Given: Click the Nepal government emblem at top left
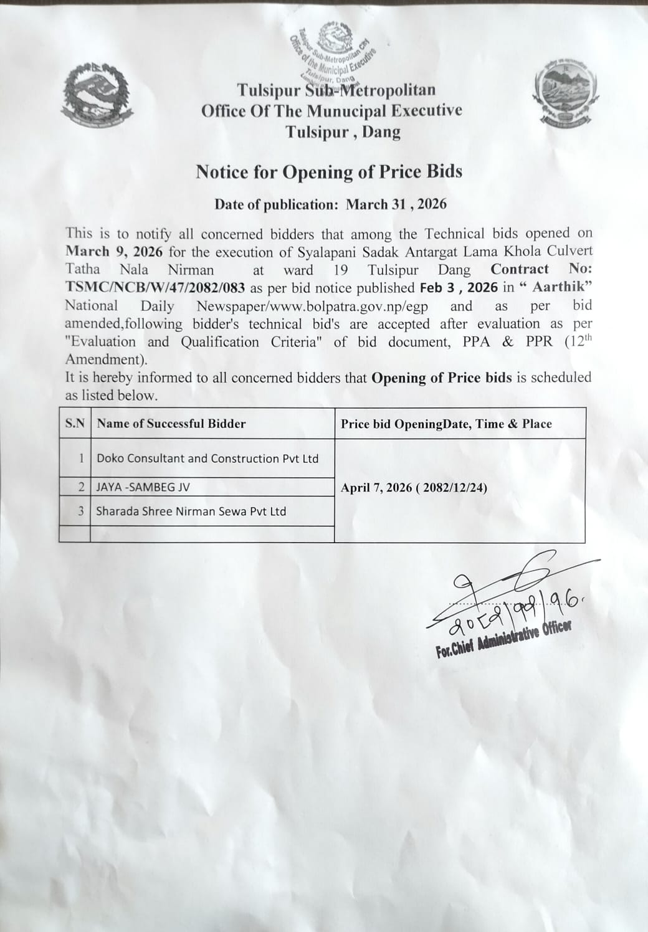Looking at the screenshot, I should point(96,95).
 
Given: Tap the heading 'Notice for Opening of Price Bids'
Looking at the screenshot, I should point(329,172).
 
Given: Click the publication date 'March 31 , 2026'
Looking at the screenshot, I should point(396,204).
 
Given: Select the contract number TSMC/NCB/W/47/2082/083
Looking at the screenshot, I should point(155,288).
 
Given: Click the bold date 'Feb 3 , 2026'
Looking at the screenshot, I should point(458,288).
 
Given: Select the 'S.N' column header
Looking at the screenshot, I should point(75,424).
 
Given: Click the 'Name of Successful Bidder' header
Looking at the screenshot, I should point(171,424).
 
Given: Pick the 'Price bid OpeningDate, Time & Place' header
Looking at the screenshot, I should point(446,424).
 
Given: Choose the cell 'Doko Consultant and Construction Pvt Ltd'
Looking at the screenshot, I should point(207,459).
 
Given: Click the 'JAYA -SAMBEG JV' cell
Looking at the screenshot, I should point(143,487).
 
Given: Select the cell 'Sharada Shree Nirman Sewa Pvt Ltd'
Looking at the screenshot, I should point(191,511).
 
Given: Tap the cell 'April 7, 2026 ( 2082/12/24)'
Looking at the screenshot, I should point(414,488).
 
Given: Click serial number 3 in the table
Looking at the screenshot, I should point(81,511).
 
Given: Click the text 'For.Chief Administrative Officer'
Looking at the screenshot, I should point(503,640).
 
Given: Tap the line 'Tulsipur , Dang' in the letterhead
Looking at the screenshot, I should point(343,132).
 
